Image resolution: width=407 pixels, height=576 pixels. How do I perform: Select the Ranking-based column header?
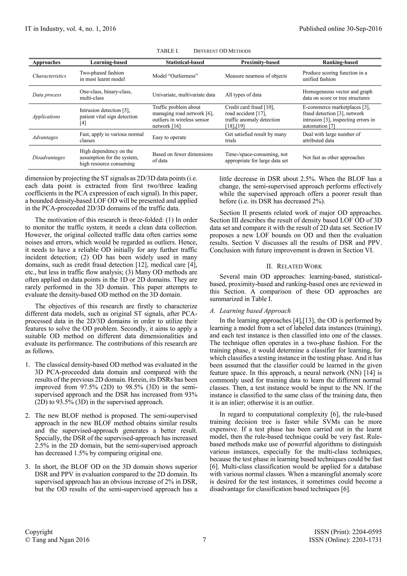tap(340, 62)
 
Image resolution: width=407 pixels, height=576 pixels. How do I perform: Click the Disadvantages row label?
tap(49, 158)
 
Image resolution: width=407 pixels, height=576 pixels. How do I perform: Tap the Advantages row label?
tap(45, 137)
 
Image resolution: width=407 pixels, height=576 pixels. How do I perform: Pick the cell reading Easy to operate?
tap(169, 137)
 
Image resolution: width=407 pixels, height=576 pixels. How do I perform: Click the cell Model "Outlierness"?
tap(175, 76)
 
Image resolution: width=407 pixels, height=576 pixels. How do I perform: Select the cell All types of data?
tap(243, 95)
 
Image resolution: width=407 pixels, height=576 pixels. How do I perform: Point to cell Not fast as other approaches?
tap(333, 158)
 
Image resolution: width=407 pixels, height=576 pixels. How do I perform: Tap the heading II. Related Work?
tap(296, 266)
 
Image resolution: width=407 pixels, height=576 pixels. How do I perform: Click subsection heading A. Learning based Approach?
tap(250, 311)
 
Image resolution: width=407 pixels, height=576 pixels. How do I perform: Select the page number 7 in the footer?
tap(204, 540)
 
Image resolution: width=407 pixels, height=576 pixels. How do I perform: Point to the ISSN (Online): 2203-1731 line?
tap(345, 540)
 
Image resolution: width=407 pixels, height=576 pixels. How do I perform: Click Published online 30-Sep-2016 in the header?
tap(340, 29)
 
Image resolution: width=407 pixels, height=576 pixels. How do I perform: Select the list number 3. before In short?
tap(28, 467)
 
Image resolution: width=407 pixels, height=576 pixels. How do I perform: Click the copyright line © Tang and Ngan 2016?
tap(57, 540)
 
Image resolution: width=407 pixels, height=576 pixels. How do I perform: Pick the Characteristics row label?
tap(49, 76)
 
